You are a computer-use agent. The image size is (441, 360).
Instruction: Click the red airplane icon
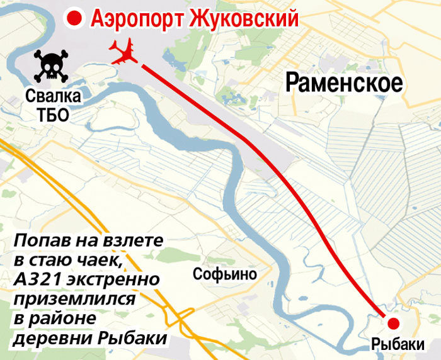click(x=125, y=52)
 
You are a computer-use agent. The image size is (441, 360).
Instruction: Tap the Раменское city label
click(x=344, y=82)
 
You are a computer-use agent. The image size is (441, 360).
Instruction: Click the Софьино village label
click(x=225, y=274)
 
